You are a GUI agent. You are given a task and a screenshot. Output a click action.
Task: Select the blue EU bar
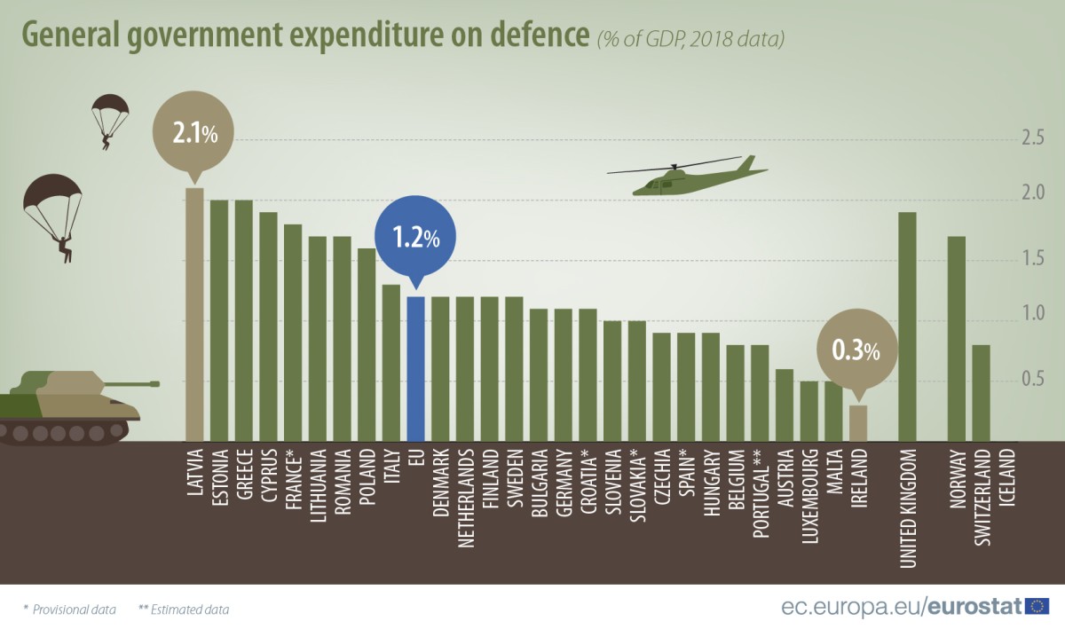point(415,369)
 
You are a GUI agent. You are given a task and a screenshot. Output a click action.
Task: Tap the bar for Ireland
point(857,423)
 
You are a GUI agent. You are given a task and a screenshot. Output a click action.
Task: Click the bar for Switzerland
point(981,392)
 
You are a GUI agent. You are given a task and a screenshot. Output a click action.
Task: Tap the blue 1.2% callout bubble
point(415,238)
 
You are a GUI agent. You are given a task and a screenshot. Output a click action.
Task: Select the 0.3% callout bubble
point(856,350)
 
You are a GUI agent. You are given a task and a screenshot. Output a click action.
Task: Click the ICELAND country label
point(1006,479)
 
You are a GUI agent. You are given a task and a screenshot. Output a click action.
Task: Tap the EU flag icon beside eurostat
point(1036,606)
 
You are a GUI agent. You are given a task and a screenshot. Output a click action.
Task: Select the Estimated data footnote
point(184,609)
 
